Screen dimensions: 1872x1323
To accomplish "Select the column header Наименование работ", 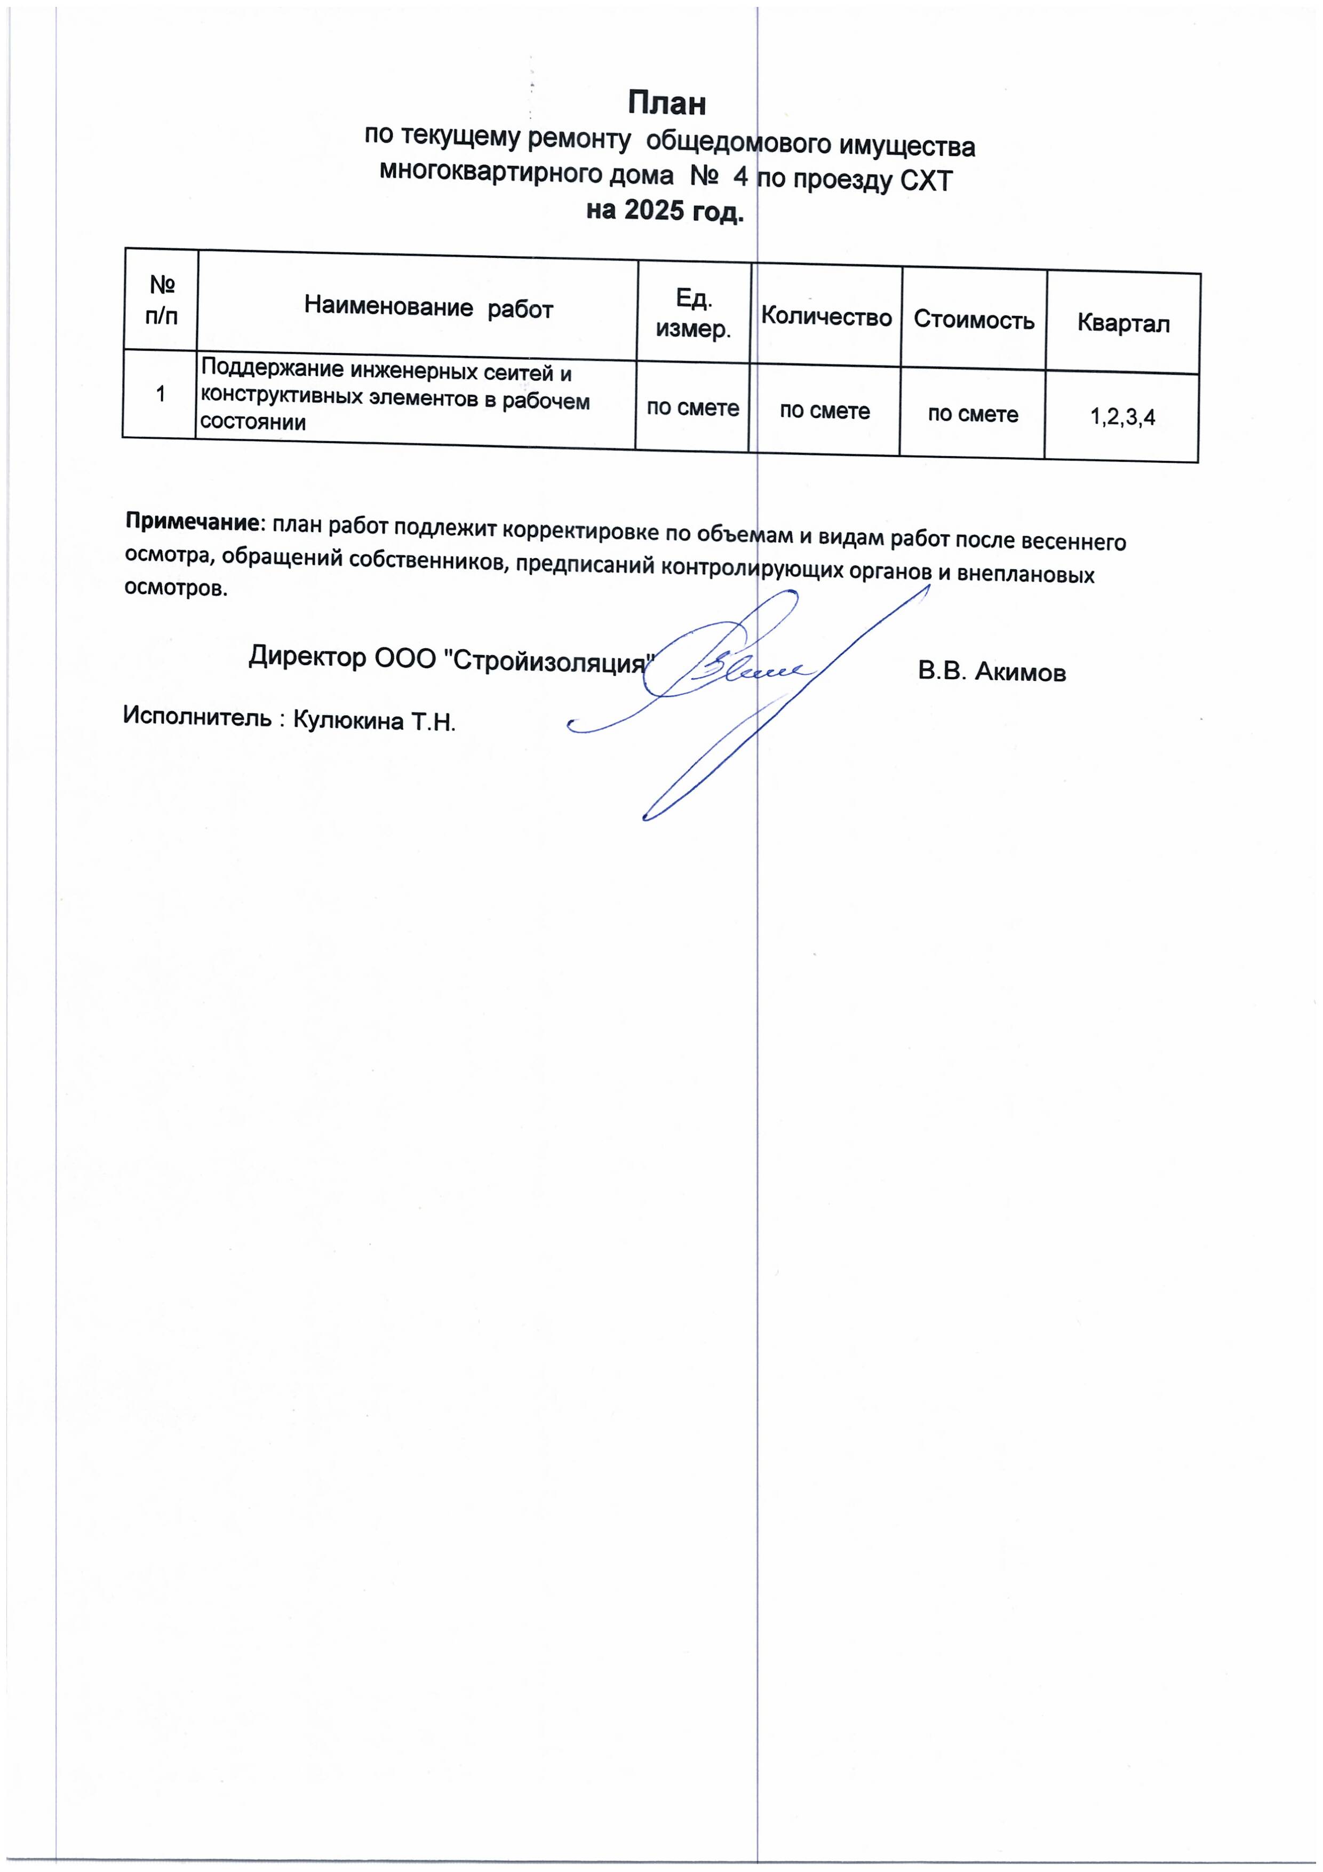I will [429, 308].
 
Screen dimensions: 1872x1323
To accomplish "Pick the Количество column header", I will [826, 317].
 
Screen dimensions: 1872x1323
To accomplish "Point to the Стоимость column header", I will [973, 320].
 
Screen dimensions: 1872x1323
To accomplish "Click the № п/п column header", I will [162, 300].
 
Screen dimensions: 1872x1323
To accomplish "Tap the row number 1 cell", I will [161, 394].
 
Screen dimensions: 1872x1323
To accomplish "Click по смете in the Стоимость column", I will [973, 414].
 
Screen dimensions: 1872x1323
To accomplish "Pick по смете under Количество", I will [824, 411].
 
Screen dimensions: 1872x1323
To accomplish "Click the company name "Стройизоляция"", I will [549, 662].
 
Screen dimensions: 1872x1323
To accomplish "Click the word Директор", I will [307, 655].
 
